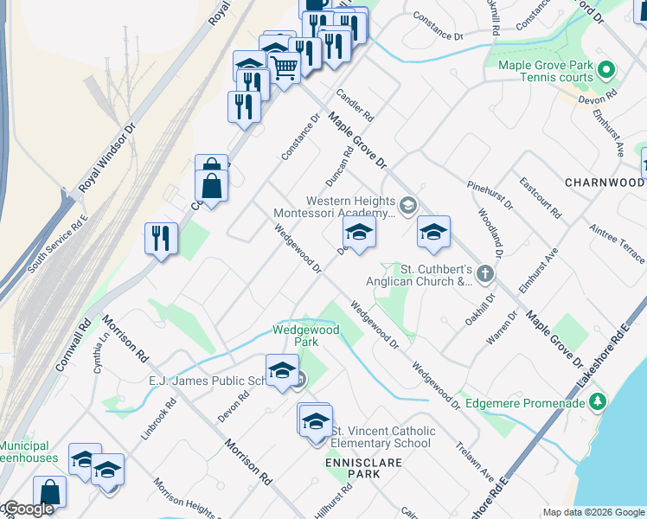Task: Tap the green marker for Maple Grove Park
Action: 606,69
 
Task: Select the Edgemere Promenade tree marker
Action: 596,402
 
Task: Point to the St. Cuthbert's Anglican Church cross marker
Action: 486,275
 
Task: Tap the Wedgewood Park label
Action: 306,336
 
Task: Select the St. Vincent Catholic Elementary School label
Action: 381,438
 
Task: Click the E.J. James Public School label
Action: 217,381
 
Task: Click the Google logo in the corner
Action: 28,509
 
